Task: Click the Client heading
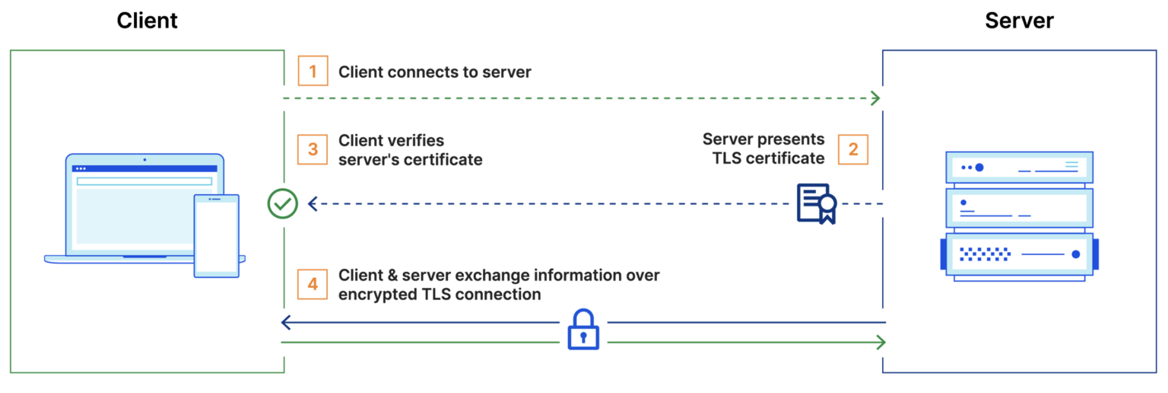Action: coord(147,21)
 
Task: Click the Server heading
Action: coord(1019,21)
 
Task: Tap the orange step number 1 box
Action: coord(313,72)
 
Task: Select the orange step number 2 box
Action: coord(853,149)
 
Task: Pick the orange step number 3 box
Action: coord(313,149)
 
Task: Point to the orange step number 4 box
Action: coord(313,284)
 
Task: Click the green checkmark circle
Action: coord(283,203)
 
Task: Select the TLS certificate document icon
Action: coord(816,203)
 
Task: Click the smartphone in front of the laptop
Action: coord(216,235)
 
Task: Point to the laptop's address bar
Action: coord(144,181)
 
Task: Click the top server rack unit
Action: coord(1019,167)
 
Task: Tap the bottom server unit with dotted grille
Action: coord(1019,254)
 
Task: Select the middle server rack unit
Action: coord(1019,208)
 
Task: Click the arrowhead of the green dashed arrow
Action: coord(875,98)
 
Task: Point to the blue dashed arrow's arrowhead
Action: coord(313,203)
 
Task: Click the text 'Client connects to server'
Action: coord(435,72)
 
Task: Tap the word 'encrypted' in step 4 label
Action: coord(377,294)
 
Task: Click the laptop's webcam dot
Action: coord(144,160)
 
